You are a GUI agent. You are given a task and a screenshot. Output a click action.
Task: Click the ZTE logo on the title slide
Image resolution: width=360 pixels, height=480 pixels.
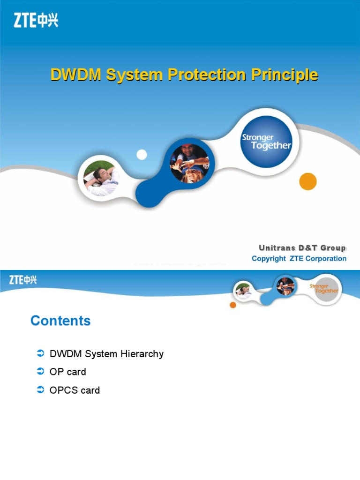tap(36, 20)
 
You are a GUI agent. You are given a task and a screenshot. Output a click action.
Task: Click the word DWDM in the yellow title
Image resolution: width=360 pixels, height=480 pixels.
tap(75, 75)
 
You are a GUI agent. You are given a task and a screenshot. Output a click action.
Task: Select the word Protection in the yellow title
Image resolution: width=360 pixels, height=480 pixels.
tap(206, 75)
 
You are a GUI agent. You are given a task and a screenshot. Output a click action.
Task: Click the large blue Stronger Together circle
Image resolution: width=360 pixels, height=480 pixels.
tap(266, 142)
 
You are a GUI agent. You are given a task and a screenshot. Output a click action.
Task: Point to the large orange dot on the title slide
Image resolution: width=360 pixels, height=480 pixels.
tap(308, 181)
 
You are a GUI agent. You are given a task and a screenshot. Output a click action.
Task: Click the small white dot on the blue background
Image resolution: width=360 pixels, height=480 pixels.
tap(142, 155)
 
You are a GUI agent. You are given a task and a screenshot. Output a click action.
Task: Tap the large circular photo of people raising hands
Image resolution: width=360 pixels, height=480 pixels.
tap(189, 163)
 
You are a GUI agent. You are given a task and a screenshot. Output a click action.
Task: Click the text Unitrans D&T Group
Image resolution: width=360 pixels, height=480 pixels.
tap(302, 248)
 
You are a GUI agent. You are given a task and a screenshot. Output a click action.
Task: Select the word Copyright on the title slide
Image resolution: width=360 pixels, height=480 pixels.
tap(269, 259)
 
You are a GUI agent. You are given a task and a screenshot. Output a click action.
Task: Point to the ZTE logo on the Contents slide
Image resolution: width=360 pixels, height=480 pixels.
tap(23, 280)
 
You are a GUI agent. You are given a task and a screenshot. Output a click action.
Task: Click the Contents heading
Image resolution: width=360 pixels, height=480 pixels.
tap(60, 321)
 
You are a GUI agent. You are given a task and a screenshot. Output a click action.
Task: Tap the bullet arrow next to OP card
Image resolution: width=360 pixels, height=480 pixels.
tap(40, 372)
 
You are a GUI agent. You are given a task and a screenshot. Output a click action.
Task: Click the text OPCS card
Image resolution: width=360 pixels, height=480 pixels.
tap(75, 390)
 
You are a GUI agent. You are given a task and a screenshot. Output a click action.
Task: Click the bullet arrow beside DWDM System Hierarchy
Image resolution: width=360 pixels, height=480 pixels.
tap(40, 353)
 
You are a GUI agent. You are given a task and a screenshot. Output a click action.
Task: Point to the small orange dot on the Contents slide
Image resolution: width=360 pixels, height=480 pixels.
tap(233, 305)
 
